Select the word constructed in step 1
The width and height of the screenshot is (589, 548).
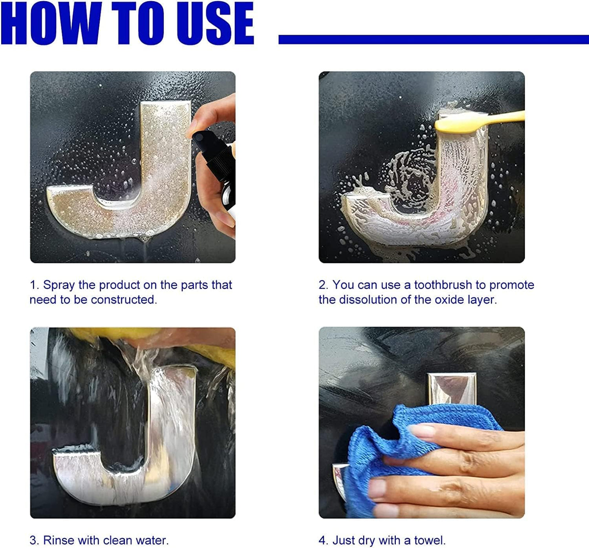point(124,300)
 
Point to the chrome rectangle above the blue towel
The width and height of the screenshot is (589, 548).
point(452,389)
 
